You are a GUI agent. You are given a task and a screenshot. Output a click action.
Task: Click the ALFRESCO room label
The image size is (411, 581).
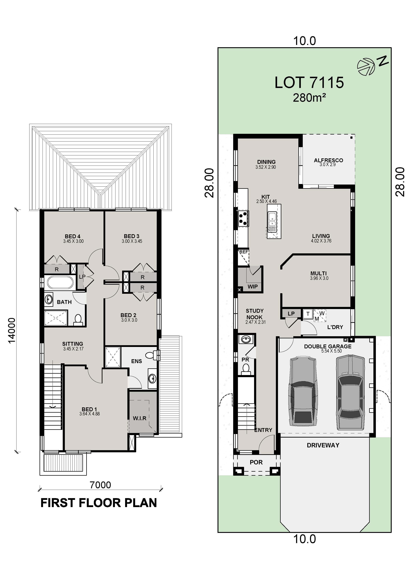coord(328,160)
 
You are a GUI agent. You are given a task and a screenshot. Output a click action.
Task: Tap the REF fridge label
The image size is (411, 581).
coord(244,252)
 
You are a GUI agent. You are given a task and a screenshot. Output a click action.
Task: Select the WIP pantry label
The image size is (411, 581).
coord(253,286)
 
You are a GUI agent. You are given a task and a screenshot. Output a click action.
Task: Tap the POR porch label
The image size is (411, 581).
coord(256,462)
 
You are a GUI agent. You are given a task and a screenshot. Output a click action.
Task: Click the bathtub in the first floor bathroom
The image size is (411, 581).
coord(60,282)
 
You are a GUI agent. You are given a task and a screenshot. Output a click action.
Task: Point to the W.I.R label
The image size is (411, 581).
coord(140,418)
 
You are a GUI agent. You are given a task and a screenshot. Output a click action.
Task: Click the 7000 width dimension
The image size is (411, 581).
coord(100,485)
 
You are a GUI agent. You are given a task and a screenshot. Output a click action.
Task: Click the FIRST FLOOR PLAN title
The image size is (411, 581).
coord(99,503)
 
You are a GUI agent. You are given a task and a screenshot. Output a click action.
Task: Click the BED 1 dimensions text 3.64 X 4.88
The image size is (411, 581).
coord(89,414)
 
